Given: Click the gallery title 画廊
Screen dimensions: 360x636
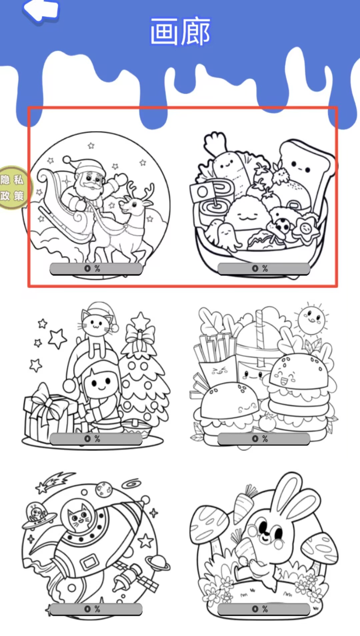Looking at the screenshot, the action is [x=180, y=32].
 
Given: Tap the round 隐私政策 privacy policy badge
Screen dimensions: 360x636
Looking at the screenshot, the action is [x=13, y=188].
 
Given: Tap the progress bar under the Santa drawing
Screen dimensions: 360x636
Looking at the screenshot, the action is [x=96, y=269].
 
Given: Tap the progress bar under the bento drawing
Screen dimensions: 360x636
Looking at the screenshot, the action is [x=264, y=269].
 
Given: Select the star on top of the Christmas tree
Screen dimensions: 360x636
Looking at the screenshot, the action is [x=140, y=320].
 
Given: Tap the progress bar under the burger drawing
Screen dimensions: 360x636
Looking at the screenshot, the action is [x=264, y=439].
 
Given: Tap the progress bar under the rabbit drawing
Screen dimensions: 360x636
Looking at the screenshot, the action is [x=264, y=609].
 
